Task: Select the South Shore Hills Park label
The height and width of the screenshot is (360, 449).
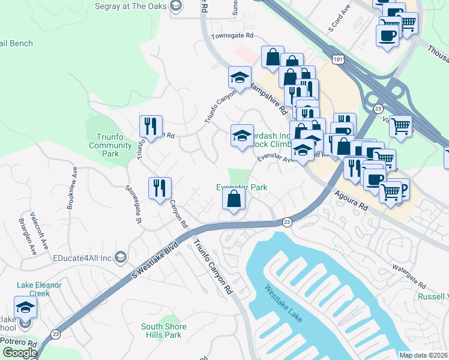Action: [164, 331]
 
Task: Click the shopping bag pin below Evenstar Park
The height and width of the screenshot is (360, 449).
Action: [234, 199]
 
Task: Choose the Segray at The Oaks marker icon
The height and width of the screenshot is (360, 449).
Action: [176, 6]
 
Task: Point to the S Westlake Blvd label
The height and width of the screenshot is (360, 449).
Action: [154, 260]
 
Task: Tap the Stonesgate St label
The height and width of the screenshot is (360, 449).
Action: [133, 204]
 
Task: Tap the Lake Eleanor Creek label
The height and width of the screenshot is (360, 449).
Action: [40, 289]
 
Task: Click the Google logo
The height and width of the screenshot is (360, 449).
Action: [20, 353]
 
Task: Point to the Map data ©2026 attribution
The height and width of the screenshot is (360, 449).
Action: [423, 355]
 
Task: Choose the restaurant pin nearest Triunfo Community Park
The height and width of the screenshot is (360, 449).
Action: [148, 127]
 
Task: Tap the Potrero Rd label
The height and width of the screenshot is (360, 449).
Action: [18, 344]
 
